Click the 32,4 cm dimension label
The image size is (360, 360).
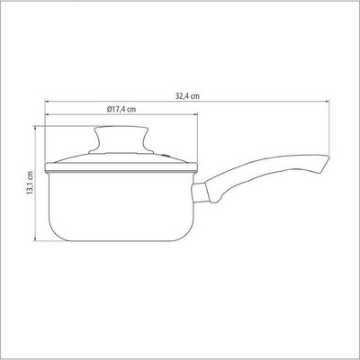(187, 96)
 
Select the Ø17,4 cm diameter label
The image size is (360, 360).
(121, 109)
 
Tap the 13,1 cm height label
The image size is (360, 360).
(30, 183)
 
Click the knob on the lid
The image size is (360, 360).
(121, 139)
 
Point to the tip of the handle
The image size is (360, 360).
(328, 157)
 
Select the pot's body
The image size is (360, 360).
(121, 206)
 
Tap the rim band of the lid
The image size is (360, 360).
(121, 167)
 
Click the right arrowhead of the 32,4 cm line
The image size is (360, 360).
(327, 102)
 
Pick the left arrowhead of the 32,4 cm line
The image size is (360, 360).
(48, 102)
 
